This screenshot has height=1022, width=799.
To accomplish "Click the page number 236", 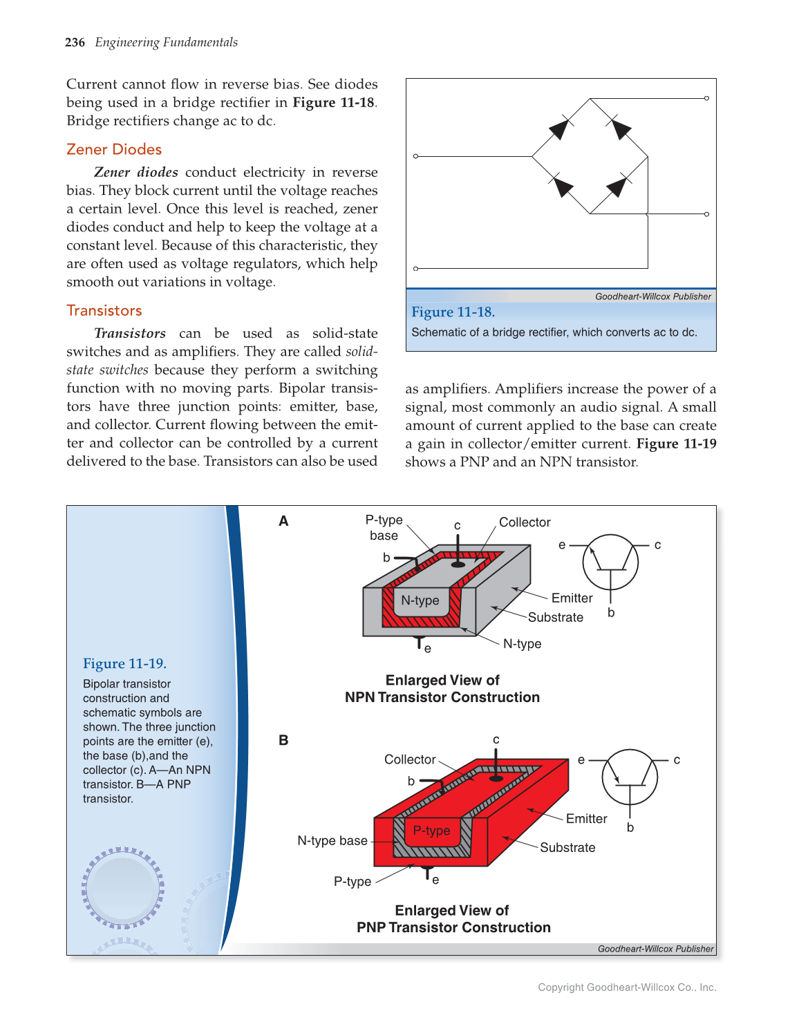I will click(75, 43).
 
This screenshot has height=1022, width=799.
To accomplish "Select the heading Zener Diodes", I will click(114, 149).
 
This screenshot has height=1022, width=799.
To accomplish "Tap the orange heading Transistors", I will click(104, 310).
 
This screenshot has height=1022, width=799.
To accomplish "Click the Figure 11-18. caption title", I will click(453, 312).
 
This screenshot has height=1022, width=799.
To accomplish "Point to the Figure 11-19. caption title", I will click(124, 663).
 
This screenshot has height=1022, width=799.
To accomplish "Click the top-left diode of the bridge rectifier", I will click(560, 129).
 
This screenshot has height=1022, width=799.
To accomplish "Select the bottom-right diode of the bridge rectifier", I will click(617, 187).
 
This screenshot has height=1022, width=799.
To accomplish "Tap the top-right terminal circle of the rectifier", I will click(706, 98).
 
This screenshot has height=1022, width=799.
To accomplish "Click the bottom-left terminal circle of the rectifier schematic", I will click(415, 268).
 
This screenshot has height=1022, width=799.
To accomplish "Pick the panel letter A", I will click(283, 521).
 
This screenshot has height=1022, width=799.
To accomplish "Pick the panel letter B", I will click(283, 740).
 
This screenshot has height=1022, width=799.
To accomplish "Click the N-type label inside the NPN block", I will click(420, 600).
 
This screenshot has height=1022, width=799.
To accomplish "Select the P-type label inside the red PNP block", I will click(431, 831).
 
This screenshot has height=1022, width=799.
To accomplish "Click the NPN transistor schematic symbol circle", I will click(610, 562).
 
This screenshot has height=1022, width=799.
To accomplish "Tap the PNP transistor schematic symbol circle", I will click(630, 777).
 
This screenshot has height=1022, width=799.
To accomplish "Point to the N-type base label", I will click(332, 840).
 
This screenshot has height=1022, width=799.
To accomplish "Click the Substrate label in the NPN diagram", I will click(556, 617).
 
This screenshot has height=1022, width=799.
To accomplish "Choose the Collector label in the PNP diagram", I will click(410, 759).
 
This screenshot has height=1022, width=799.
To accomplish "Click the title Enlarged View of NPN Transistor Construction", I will click(442, 689).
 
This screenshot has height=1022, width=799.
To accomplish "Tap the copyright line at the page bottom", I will click(627, 987).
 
